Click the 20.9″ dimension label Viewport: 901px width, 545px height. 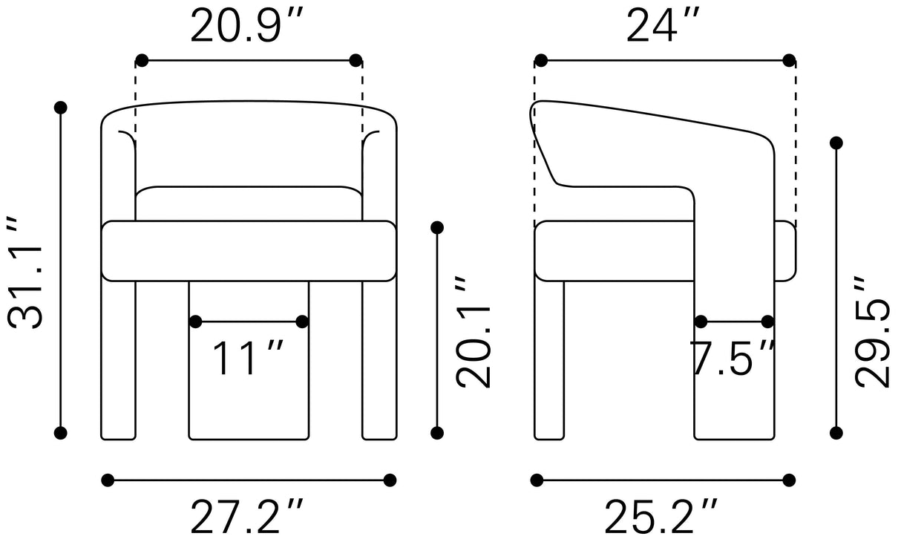pos(246,25)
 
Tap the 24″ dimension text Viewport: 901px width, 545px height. pos(664,25)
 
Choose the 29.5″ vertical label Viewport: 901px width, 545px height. pos(871,333)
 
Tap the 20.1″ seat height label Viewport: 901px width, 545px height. pos(473,333)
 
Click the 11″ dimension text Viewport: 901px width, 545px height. pos(248,358)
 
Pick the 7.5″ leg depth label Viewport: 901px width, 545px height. pos(732,358)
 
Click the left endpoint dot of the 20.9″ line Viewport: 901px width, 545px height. pos(142,61)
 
